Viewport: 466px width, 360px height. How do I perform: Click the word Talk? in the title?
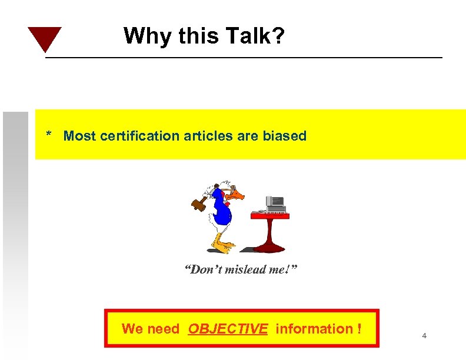coord(255,36)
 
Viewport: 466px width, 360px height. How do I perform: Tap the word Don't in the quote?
coord(202,271)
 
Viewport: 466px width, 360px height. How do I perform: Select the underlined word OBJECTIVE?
coord(228,329)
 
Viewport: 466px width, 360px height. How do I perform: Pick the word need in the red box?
coord(163,329)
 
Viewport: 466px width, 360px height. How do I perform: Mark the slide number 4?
coord(424,336)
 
